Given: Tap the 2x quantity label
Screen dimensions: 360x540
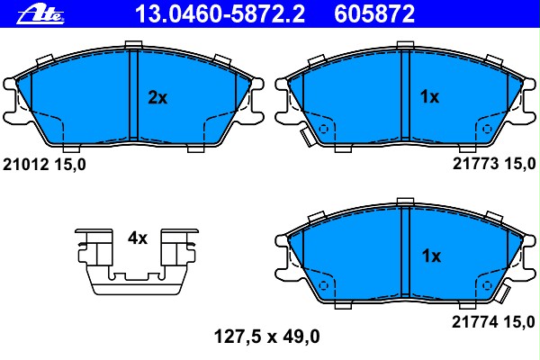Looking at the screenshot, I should point(157,98).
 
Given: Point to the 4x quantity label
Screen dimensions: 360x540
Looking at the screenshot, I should point(137,238).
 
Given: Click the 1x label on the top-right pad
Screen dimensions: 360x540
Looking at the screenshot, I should point(430,98).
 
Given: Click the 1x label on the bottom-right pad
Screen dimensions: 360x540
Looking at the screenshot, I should point(430,256).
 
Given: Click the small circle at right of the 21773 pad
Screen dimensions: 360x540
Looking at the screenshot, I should point(487,130).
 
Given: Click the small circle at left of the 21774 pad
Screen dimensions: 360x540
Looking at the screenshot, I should point(325,287).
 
